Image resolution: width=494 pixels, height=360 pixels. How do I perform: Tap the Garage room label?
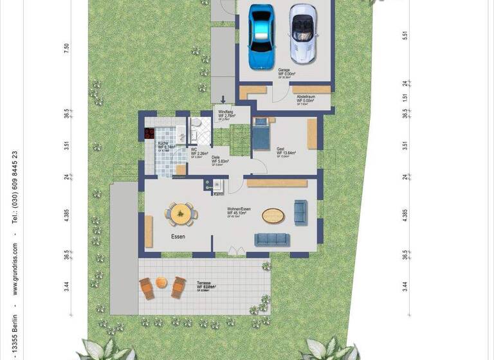(x=284, y=71)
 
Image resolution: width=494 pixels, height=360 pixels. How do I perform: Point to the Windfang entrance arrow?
(x=223, y=99)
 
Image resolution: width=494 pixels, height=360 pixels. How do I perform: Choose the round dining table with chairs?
(x=181, y=214)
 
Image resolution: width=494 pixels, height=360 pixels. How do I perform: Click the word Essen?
(x=178, y=237)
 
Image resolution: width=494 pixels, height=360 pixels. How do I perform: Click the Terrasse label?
(x=201, y=283)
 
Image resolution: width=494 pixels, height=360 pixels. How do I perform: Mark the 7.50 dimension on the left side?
(x=66, y=48)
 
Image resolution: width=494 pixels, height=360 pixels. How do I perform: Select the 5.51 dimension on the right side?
(x=405, y=36)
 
